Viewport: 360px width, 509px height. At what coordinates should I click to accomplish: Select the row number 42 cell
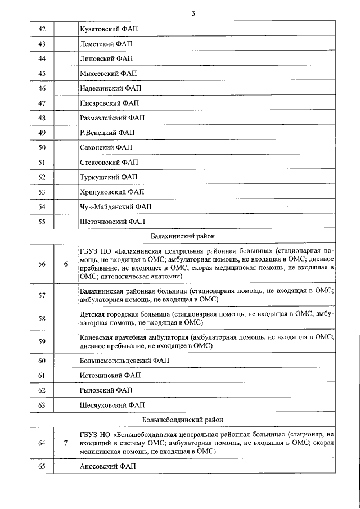(42, 28)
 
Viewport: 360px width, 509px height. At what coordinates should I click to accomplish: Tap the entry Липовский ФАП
(106, 58)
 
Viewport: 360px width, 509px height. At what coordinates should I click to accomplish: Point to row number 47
(42, 103)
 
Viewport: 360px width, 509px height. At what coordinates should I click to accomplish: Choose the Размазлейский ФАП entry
(112, 118)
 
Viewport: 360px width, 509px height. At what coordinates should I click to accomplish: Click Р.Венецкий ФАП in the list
(107, 133)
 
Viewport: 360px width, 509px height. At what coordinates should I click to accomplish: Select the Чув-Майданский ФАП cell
(115, 207)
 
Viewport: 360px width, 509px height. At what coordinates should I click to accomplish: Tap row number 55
(42, 222)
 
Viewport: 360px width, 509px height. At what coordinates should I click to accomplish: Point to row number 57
(42, 295)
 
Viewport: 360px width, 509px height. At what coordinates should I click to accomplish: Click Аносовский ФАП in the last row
(108, 466)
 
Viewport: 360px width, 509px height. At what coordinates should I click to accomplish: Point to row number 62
(42, 390)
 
